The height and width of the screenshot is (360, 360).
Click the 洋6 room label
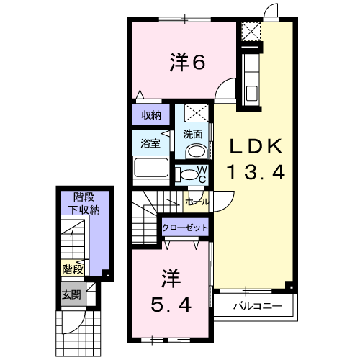pos(187,62)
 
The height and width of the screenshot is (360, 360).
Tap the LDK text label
pos(256,147)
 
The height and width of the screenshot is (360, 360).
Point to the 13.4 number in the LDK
pos(256,172)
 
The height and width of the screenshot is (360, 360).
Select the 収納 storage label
pos(151,115)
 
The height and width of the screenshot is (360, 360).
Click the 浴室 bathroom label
pos(150,143)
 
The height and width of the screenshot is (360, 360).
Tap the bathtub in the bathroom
pos(151,168)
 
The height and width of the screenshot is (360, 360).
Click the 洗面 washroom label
pos(192,134)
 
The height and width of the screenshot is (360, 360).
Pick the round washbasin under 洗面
pos(197,151)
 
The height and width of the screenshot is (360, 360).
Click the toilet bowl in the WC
pos(189,174)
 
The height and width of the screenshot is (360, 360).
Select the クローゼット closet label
pos(185,228)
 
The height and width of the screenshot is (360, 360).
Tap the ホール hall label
pos(197,202)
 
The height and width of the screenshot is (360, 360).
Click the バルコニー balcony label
pos(258,306)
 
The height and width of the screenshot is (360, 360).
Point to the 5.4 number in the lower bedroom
pos(171,305)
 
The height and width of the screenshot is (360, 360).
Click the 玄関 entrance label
pos(71,294)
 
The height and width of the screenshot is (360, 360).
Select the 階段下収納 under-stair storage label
pos(84,204)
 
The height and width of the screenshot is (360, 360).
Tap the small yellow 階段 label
pos(73,269)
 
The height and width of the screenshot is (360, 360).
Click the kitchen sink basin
pos(251,93)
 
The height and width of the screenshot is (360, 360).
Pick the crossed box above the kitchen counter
pos(251,32)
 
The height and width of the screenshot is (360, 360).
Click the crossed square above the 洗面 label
pos(197,112)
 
